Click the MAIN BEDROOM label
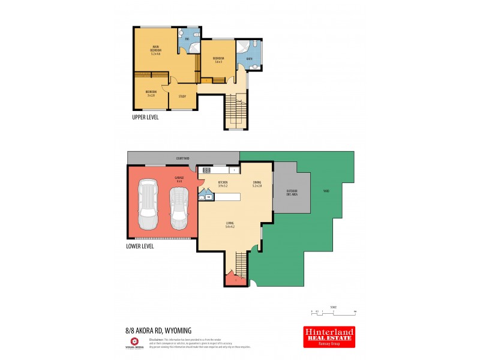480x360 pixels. tap(155, 49)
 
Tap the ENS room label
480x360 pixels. tap(187, 39)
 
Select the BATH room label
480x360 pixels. tap(248, 59)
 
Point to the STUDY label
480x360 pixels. tap(182, 96)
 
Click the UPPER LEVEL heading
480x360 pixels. tap(145, 118)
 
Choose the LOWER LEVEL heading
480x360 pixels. tap(140, 246)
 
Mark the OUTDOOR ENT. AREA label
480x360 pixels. tap(292, 192)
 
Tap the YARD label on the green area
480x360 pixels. tap(326, 191)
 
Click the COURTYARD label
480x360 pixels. tap(183, 158)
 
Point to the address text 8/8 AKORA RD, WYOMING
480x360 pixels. tap(155, 329)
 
